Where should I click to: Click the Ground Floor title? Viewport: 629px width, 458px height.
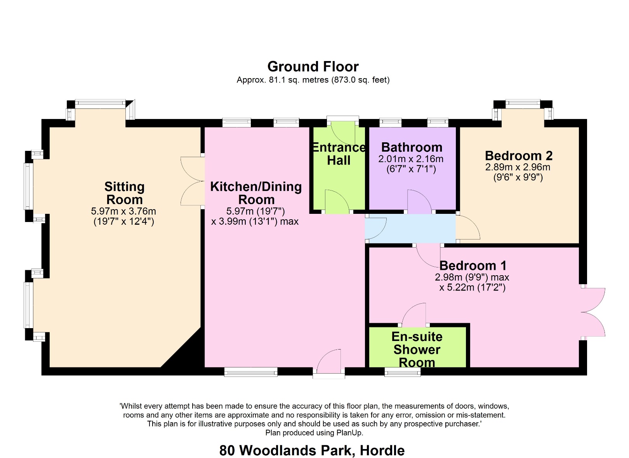coord(313,66)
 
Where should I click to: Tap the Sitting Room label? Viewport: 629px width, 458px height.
coord(124,193)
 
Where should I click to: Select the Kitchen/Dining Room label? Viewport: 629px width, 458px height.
coord(256,193)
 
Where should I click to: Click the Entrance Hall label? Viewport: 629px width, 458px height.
coord(339,154)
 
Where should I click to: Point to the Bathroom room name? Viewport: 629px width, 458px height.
coord(412,147)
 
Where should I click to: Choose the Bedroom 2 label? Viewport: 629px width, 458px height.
coord(518,156)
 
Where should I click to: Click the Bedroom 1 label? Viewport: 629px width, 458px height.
coord(473,266)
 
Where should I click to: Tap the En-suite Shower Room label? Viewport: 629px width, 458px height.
coord(417,350)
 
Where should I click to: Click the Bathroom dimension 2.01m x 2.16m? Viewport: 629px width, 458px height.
coord(411,159)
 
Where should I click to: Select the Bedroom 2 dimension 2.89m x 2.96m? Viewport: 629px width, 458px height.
coord(518,167)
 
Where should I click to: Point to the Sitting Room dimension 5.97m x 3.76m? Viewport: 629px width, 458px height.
coord(123,212)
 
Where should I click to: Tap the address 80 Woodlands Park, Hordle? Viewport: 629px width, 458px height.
coord(312,450)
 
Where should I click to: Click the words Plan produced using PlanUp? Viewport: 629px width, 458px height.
coord(314,433)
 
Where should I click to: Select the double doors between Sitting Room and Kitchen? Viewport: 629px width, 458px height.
coord(193,181)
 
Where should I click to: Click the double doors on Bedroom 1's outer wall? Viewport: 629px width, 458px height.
coord(593,312)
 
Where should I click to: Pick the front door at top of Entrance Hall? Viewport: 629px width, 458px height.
coord(343,132)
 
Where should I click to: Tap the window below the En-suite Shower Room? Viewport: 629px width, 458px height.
coord(402,372)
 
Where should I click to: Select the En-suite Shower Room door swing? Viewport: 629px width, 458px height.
coord(415,315)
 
